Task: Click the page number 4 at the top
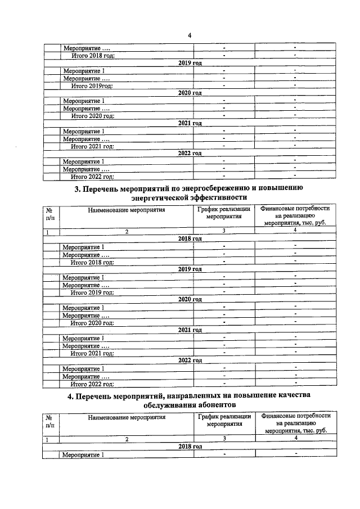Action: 190,35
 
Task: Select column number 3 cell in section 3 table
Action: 223,231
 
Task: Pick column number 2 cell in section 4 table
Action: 127,438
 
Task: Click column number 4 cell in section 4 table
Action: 295,438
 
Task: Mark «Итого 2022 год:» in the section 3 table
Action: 92,384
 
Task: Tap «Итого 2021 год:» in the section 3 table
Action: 92,353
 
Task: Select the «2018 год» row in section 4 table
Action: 190,446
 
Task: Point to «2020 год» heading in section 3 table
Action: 190,300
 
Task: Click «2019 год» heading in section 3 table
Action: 190,269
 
